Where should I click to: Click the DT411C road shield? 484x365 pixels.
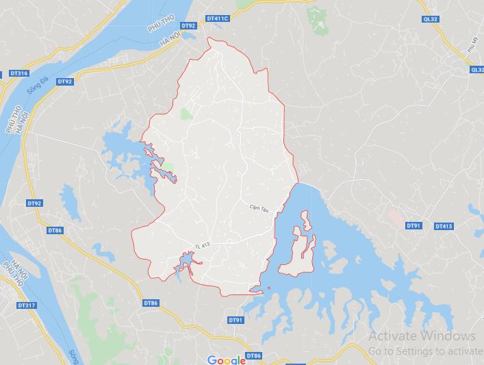(x=217, y=18)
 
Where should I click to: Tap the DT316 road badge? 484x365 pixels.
(x=19, y=73)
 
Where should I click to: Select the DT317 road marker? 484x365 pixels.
(x=27, y=305)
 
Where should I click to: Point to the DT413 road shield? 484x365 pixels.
(x=443, y=226)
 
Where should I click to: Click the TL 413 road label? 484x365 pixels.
(x=201, y=246)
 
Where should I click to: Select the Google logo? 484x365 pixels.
(x=226, y=360)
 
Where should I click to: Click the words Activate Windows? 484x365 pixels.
(x=421, y=336)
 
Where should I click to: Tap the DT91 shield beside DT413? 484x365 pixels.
(x=413, y=225)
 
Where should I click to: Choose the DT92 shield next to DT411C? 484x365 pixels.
(x=189, y=25)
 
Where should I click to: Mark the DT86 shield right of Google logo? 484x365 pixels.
(x=253, y=355)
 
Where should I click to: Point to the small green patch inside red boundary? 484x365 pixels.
(x=186, y=114)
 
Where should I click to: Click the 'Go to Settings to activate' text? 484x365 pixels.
(x=424, y=351)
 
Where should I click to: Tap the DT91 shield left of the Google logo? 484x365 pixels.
(x=235, y=320)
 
